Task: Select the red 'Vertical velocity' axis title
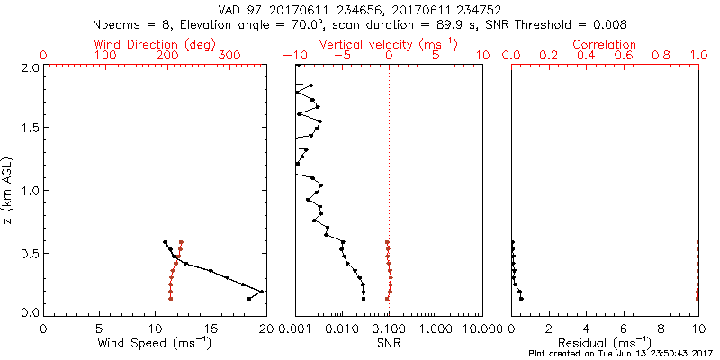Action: click(389, 44)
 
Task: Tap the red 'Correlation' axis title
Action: click(605, 44)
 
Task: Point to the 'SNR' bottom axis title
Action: click(390, 343)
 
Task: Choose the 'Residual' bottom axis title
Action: click(605, 343)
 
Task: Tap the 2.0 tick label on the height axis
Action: click(29, 67)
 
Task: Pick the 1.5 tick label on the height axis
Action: click(29, 129)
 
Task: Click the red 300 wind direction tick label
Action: click(229, 56)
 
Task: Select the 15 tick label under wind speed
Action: click(211, 328)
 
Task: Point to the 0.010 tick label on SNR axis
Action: click(342, 328)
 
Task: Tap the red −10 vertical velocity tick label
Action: click(294, 56)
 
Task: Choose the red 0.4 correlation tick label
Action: click(587, 56)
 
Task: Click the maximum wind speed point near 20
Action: click(262, 292)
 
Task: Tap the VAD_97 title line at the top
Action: click(360, 10)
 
